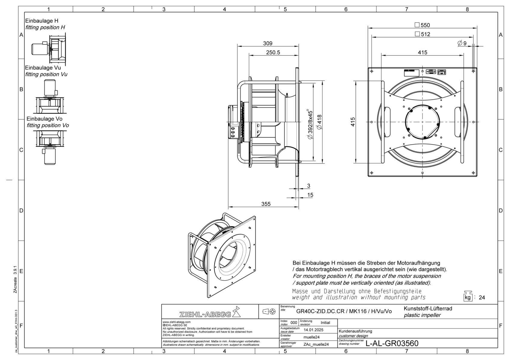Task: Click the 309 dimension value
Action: coord(267,43)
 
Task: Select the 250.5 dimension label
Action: coord(273,53)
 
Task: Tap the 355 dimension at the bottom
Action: coord(266,204)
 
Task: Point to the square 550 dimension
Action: coord(422,25)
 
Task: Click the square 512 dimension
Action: coord(422,34)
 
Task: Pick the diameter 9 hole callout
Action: coord(462,43)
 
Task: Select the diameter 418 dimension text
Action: coord(319,122)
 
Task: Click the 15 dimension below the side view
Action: coord(310,195)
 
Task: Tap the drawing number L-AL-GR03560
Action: coord(392,343)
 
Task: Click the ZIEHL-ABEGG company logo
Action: coord(210,312)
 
